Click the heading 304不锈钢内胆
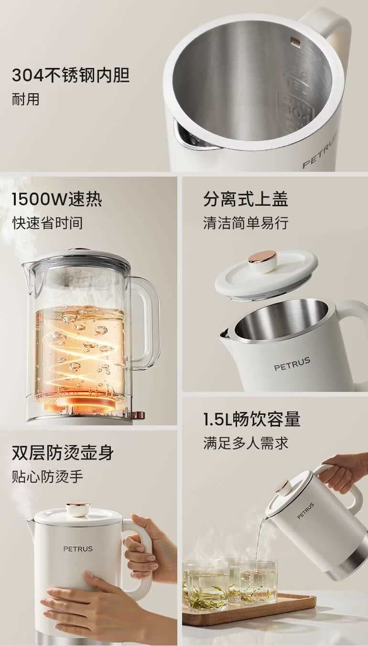pyautogui.click(x=71, y=76)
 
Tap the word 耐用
pyautogui.click(x=25, y=99)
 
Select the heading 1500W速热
pyautogui.click(x=57, y=199)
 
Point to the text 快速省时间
pyautogui.click(x=47, y=223)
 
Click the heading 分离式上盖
pyautogui.click(x=246, y=199)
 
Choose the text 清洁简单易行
pyautogui.click(x=246, y=223)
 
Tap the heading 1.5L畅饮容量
pyautogui.click(x=252, y=419)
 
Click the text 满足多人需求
pyautogui.click(x=246, y=443)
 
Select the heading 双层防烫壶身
pyautogui.click(x=63, y=453)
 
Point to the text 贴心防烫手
pyautogui.click(x=47, y=477)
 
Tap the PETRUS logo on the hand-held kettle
pyautogui.click(x=78, y=548)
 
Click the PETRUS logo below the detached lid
pyautogui.click(x=292, y=364)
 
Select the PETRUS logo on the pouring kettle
pyautogui.click(x=306, y=511)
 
